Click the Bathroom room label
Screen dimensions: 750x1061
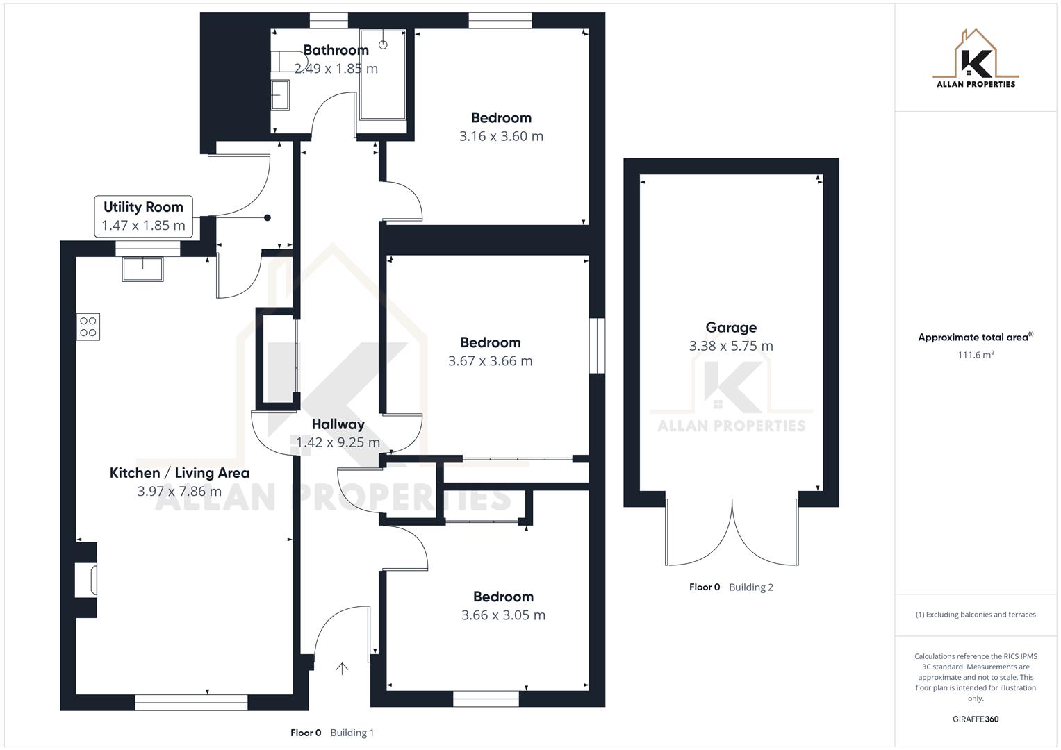coord(336,50)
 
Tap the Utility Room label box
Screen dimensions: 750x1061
coord(143,216)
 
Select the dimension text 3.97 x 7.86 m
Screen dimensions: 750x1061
coord(179,491)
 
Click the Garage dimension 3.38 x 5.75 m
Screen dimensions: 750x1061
coord(730,346)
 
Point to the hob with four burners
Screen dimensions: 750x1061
coord(88,326)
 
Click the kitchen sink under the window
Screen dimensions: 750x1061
coord(142,269)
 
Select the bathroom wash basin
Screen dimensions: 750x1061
coord(279,94)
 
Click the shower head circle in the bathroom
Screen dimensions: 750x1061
coord(383,45)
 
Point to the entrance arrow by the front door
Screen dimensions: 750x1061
coord(342,668)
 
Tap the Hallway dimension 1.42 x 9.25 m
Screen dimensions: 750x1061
coord(338,442)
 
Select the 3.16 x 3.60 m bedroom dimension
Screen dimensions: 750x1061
coord(501,136)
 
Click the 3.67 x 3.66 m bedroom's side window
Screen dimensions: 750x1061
coord(597,346)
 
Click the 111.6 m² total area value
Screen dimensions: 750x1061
coord(975,355)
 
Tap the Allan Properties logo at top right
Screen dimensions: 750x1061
coord(975,59)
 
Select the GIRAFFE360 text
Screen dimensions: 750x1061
coord(975,719)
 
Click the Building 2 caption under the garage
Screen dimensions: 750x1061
coord(750,587)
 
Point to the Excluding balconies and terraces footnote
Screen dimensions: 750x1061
coord(975,615)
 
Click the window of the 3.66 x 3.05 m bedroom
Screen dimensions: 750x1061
coord(486,699)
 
